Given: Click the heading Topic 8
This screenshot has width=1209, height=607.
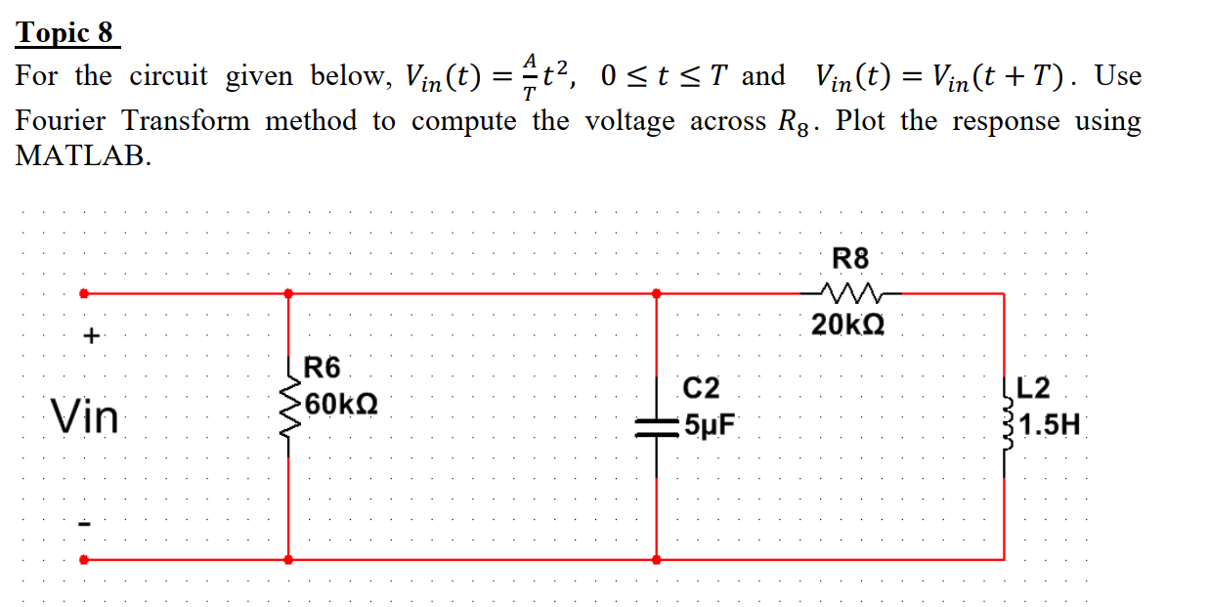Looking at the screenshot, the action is point(65,33).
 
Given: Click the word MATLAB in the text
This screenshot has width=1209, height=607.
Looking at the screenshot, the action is point(83,157).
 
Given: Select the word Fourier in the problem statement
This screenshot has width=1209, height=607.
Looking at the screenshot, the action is point(63,121).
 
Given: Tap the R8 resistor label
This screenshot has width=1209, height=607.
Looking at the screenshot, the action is point(849,259).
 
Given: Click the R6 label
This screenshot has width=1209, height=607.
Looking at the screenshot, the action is point(324,369).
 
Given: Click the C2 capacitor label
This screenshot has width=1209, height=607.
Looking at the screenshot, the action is point(701,388).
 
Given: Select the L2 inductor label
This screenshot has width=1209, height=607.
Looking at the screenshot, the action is point(1033,388).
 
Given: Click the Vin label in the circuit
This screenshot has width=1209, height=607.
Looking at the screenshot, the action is point(85,418).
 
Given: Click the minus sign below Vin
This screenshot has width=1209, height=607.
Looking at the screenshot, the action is point(86,525).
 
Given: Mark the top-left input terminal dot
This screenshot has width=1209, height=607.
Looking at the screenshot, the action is point(84,292).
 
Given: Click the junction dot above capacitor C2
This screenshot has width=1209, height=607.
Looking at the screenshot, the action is point(656,292).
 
